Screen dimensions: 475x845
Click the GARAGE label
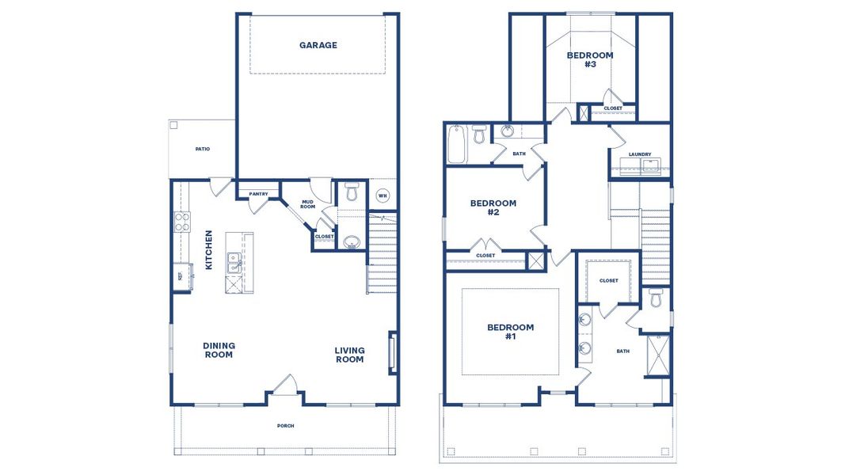coord(318,45)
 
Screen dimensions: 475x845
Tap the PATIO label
coord(203,149)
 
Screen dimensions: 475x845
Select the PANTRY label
coord(258,194)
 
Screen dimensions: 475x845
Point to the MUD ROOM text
coord(308,204)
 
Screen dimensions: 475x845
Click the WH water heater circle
coord(383,196)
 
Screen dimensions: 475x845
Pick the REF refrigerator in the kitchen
coord(180,276)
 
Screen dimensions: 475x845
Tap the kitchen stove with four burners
coord(181,222)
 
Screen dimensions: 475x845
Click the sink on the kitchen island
coord(234,263)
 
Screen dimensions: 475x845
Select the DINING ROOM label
coord(219,350)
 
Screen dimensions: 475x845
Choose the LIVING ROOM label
coord(349,355)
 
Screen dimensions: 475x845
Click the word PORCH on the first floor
coord(286,426)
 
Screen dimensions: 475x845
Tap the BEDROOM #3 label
coord(590,59)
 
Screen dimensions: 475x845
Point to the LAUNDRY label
coord(640,154)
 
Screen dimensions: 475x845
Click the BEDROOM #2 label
coord(493,207)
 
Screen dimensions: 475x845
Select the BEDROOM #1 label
coord(510,332)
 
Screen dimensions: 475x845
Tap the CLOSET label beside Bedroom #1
coord(608,280)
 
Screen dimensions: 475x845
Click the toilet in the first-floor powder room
coord(352,192)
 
